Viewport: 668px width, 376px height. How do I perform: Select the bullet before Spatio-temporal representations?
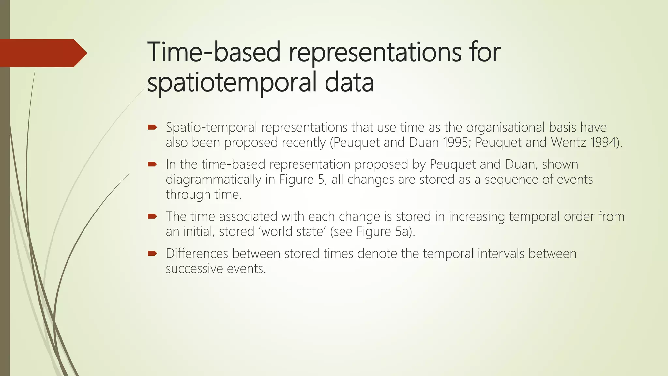(x=152, y=127)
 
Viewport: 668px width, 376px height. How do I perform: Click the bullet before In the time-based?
(x=152, y=164)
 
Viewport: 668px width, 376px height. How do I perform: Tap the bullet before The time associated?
(x=152, y=216)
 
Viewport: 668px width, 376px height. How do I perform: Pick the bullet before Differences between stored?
(x=152, y=253)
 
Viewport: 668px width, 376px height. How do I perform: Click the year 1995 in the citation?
(x=457, y=143)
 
